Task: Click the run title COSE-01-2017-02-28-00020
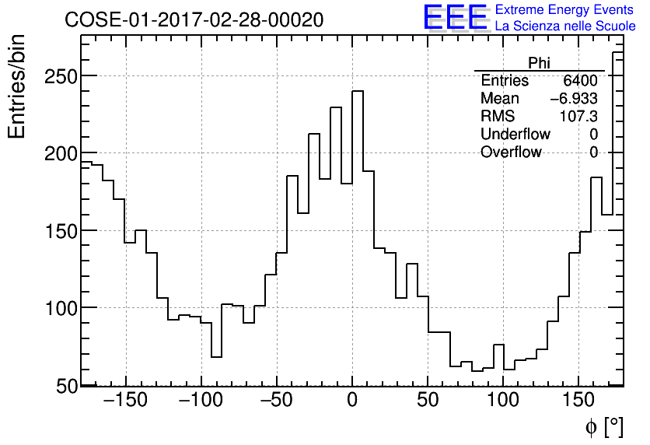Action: (194, 20)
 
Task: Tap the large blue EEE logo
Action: (455, 18)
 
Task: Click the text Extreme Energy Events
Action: (565, 10)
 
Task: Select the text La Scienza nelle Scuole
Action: (565, 26)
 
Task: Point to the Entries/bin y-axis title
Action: (17, 86)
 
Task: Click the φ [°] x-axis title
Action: (604, 426)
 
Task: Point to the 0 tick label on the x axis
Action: (352, 401)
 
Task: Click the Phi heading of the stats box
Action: (539, 63)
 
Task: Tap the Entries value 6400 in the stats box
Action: (581, 81)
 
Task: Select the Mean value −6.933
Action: (574, 99)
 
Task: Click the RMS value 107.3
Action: (579, 117)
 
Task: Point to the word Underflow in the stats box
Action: (515, 135)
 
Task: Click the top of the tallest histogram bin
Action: (358, 91)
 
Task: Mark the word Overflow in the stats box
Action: (511, 152)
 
